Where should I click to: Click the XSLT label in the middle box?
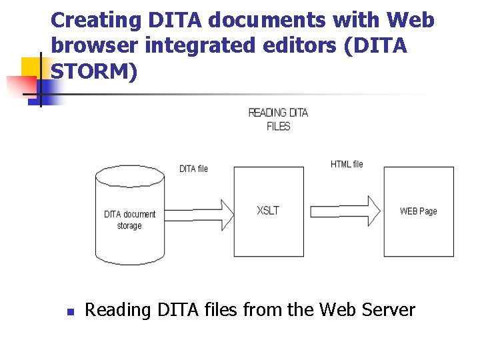pyautogui.click(x=268, y=211)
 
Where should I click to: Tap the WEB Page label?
pyautogui.click(x=418, y=211)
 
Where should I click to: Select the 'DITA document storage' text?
pyautogui.click(x=129, y=220)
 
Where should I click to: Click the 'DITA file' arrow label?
pyautogui.click(x=193, y=169)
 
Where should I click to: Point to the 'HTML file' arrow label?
pyautogui.click(x=347, y=164)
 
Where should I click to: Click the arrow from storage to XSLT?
pyautogui.click(x=199, y=211)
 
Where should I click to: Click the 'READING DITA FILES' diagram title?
pyautogui.click(x=278, y=119)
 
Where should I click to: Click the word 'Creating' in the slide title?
pyautogui.click(x=93, y=20)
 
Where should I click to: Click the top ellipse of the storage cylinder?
pyautogui.click(x=129, y=176)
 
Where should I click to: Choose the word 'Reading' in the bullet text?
pyautogui.click(x=117, y=311)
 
